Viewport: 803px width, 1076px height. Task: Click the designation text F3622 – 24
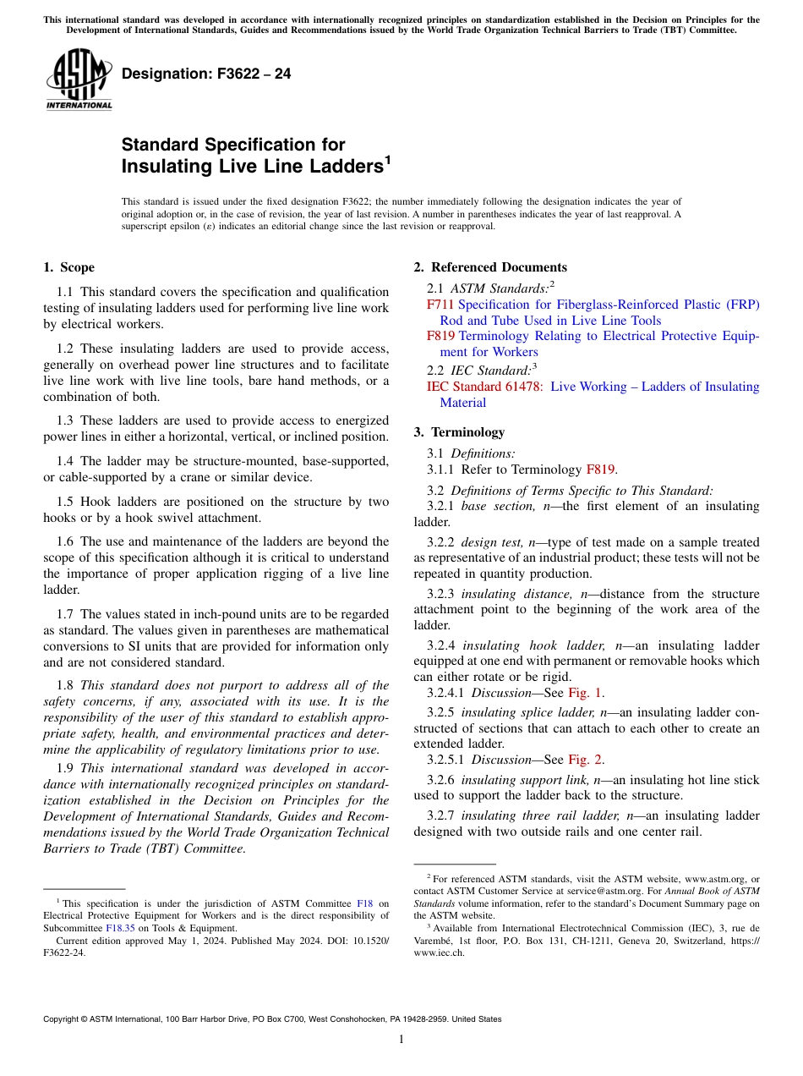tap(206, 74)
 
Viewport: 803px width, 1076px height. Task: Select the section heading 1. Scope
tap(69, 267)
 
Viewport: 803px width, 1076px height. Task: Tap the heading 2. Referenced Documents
tap(490, 267)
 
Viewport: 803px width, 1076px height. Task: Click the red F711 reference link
tap(440, 305)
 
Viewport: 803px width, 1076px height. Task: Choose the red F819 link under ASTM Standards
tap(440, 336)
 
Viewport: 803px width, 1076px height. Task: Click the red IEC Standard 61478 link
tap(485, 387)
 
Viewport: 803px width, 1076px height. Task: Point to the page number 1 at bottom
tap(401, 1040)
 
